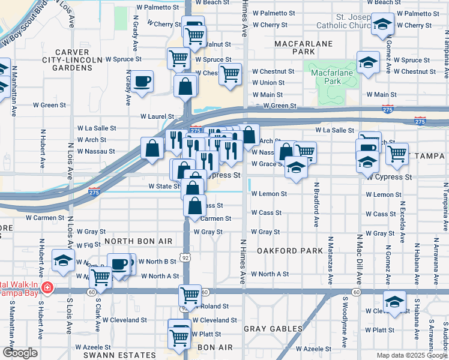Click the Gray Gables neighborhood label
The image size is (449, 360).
273,329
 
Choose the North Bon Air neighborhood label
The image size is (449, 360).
139,241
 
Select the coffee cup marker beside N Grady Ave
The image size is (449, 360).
142,82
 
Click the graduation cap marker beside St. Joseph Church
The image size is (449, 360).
382,25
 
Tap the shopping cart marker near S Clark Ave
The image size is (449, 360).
100,278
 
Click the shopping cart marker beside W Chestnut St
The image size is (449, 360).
230,74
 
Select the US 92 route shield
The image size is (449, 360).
187,257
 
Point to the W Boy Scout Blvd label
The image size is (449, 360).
25,23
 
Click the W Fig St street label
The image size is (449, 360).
88,245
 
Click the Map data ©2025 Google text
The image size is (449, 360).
412,355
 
